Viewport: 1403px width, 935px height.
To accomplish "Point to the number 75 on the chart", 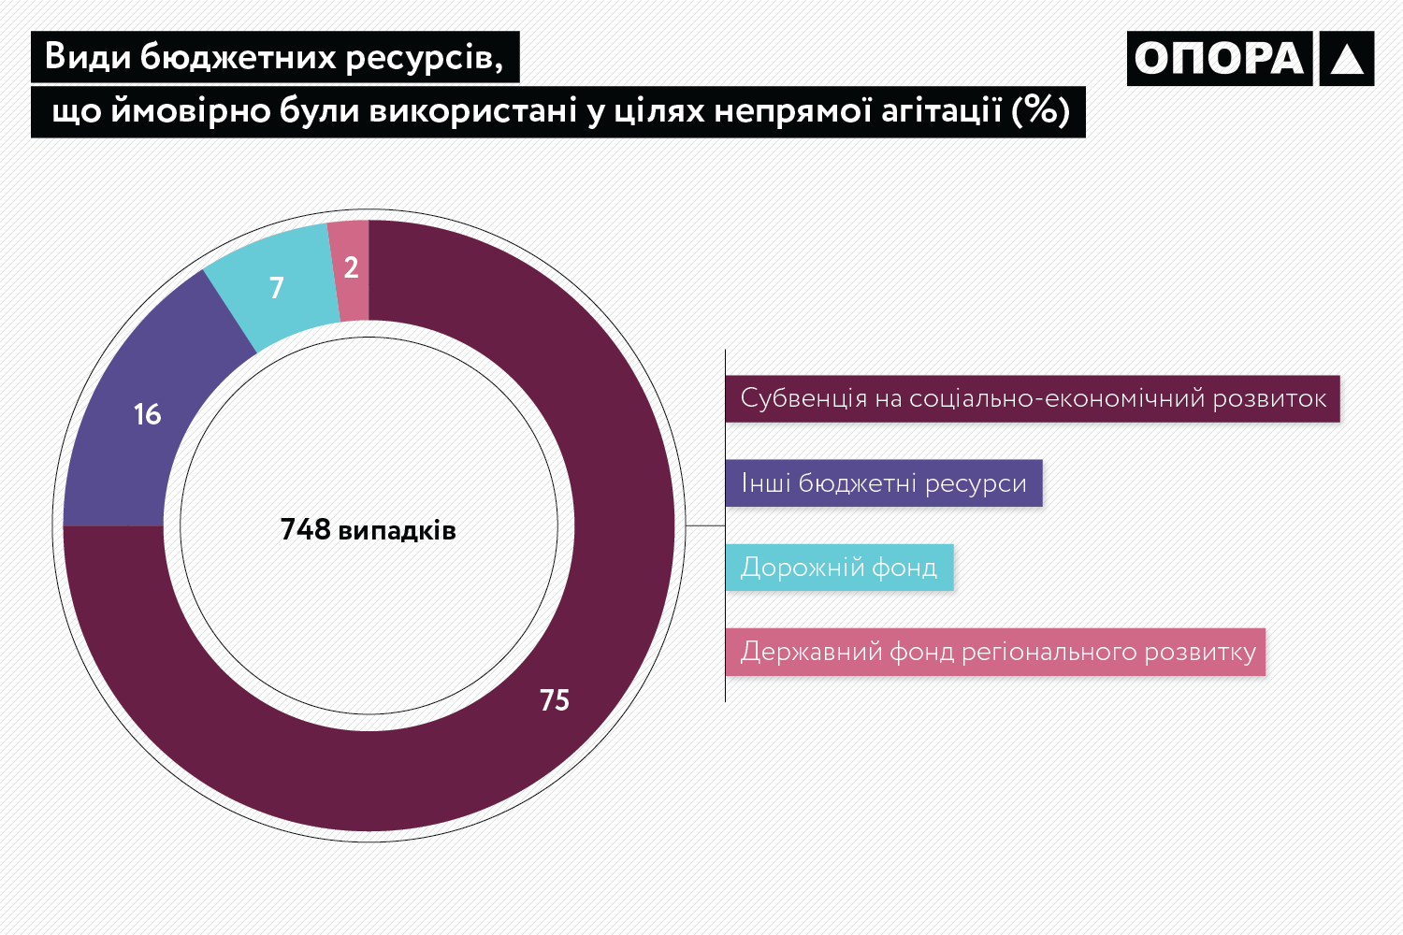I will (x=555, y=700).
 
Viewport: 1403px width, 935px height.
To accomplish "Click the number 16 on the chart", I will (x=148, y=414).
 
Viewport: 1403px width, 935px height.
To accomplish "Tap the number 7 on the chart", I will (x=276, y=288).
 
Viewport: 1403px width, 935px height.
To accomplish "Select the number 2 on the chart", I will (x=351, y=268).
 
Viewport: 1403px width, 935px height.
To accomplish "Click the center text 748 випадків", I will (x=369, y=530).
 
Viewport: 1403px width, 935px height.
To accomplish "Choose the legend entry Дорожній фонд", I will (x=839, y=568).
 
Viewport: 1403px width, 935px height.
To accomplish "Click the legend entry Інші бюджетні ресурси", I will (x=883, y=483).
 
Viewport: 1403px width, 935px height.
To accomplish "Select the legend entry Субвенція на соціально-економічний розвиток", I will (x=1033, y=399).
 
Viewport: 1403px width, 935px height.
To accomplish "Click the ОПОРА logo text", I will (x=1220, y=59).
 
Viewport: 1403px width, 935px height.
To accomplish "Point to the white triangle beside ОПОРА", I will (x=1347, y=60).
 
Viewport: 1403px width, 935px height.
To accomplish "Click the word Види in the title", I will (x=87, y=58).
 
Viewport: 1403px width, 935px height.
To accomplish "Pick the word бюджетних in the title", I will (x=238, y=58).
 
